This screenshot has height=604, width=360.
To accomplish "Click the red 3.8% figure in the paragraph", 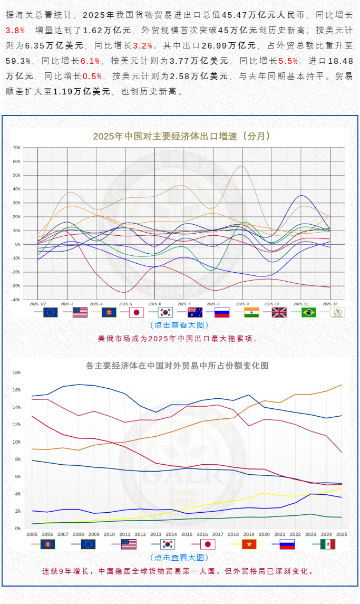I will pos(15,31).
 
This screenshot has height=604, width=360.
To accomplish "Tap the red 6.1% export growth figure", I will pos(90,61).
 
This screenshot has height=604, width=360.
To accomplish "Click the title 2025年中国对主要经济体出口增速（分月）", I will pos(182,136).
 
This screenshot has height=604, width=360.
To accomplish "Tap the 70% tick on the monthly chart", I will pos(17,148).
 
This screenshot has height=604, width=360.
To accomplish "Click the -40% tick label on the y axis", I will pos(16,300).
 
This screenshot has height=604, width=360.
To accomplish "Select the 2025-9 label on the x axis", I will pos(242,304).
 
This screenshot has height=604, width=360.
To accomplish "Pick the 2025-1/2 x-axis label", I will pos(38,304).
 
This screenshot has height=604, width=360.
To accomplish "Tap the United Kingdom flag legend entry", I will pos(279,312).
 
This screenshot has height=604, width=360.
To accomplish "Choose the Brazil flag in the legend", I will pos(308,312).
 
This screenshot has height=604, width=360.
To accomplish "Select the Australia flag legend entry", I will pos(194,312).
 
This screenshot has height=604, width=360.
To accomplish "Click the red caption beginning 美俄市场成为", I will pos(179,339).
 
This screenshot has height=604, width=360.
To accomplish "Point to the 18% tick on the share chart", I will pos(16,372).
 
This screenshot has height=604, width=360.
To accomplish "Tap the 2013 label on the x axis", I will pos(156,534).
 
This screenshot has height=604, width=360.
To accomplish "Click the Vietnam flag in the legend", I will pos(249,544).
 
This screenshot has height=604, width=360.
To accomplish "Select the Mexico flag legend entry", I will pos(327,544).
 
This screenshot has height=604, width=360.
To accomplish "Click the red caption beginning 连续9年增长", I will pos(179,571).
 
